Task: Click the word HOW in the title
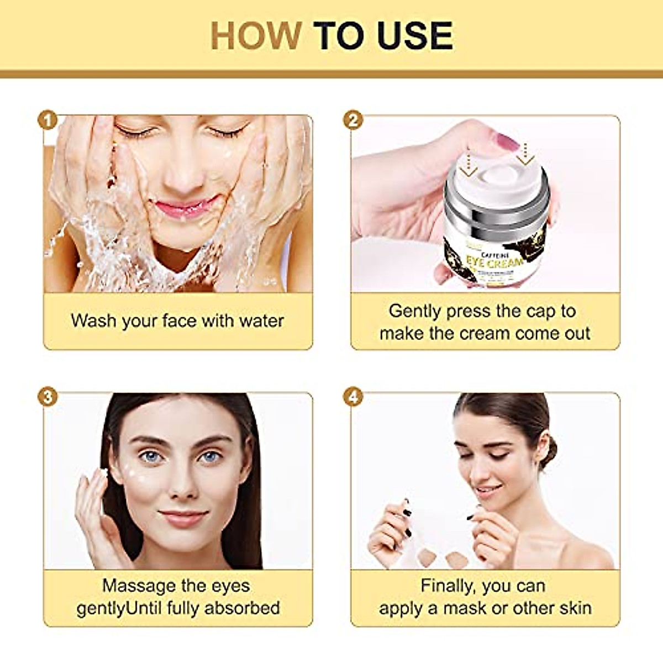[255, 36]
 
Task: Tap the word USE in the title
[415, 36]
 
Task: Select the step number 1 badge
[49, 120]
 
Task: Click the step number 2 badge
[352, 120]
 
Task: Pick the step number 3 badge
[49, 397]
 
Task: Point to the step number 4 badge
[352, 397]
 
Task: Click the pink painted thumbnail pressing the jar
[506, 143]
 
